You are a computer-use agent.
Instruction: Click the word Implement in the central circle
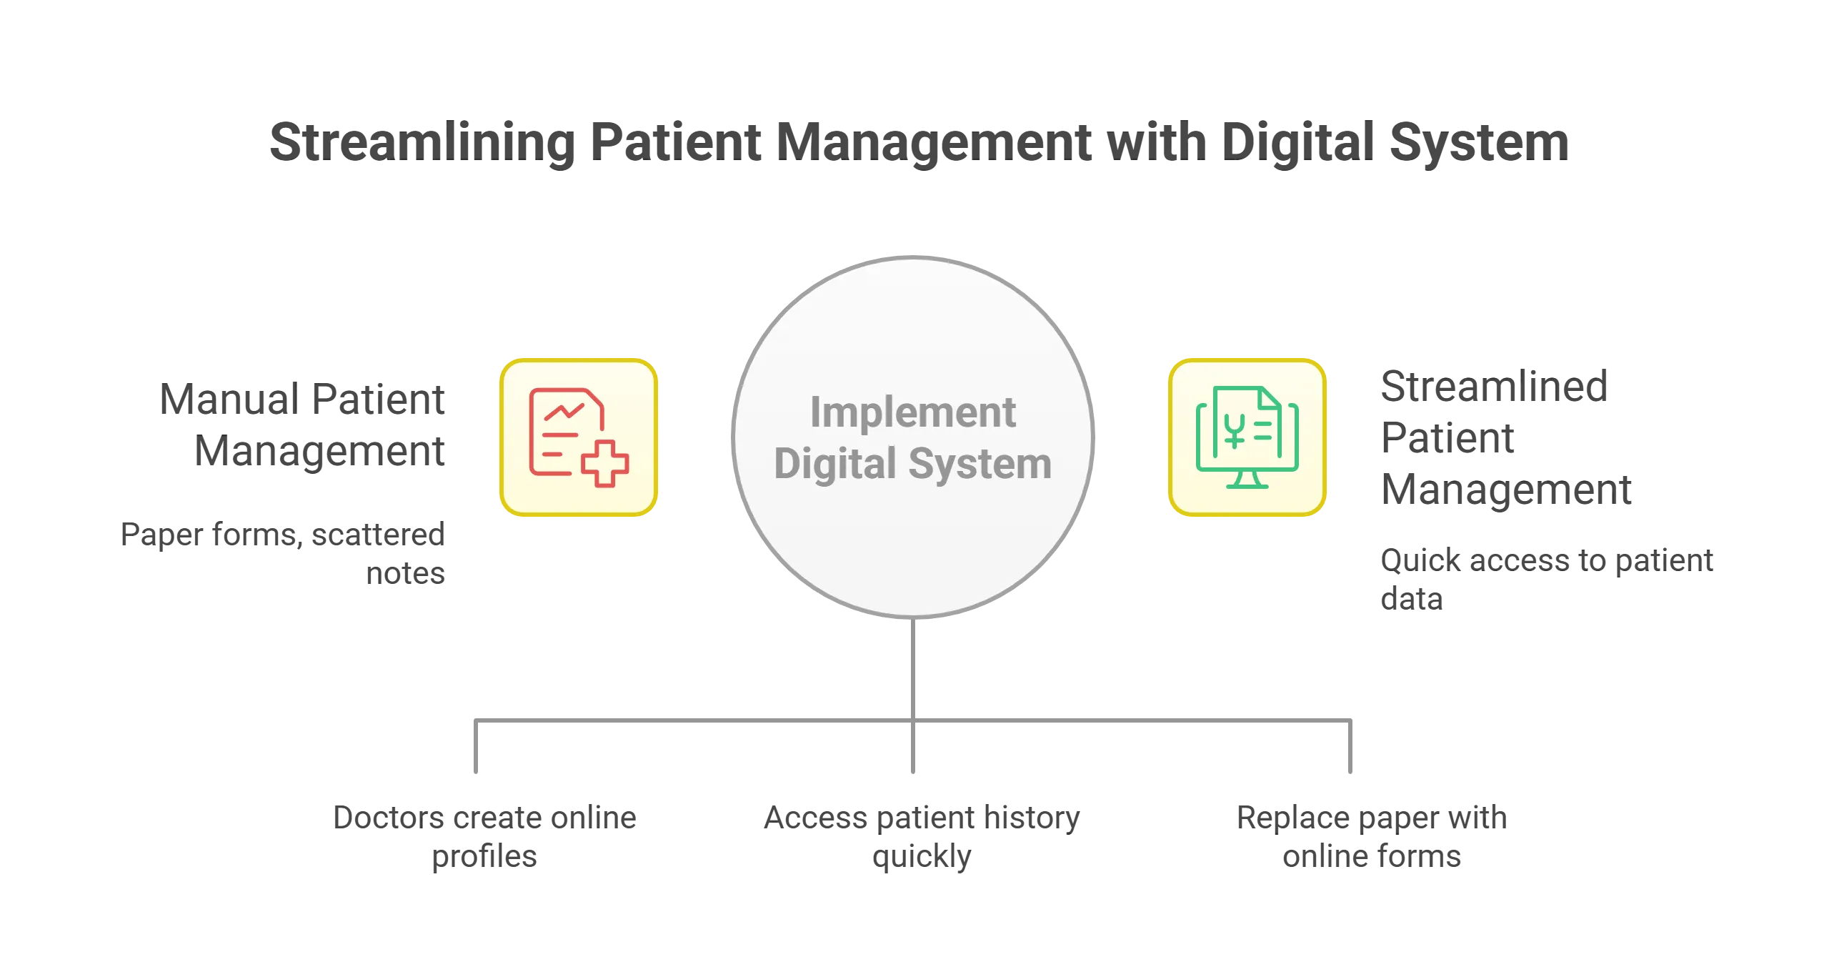(x=912, y=412)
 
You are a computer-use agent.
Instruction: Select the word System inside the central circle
(x=980, y=465)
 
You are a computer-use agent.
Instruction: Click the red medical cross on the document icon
(x=604, y=464)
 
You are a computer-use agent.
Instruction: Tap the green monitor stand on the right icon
(x=1247, y=480)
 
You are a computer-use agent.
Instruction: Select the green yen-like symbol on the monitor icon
(x=1234, y=430)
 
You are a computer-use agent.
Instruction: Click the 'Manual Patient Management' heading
(x=303, y=426)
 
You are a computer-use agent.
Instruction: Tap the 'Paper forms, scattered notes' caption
(x=284, y=555)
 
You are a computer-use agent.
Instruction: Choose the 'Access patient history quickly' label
(x=920, y=835)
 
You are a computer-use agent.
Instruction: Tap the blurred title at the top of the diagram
(x=919, y=143)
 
